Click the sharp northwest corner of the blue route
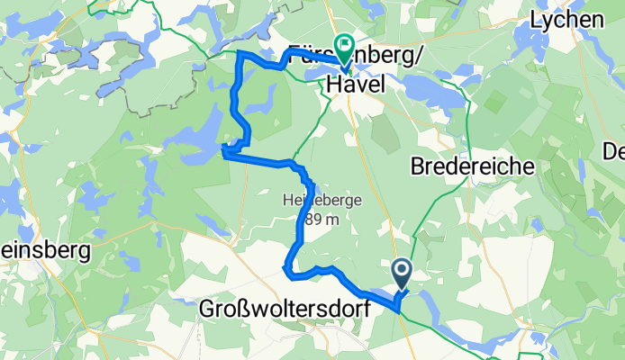[239, 56]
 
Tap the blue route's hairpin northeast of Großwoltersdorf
[287, 266]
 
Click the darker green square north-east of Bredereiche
[494, 100]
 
